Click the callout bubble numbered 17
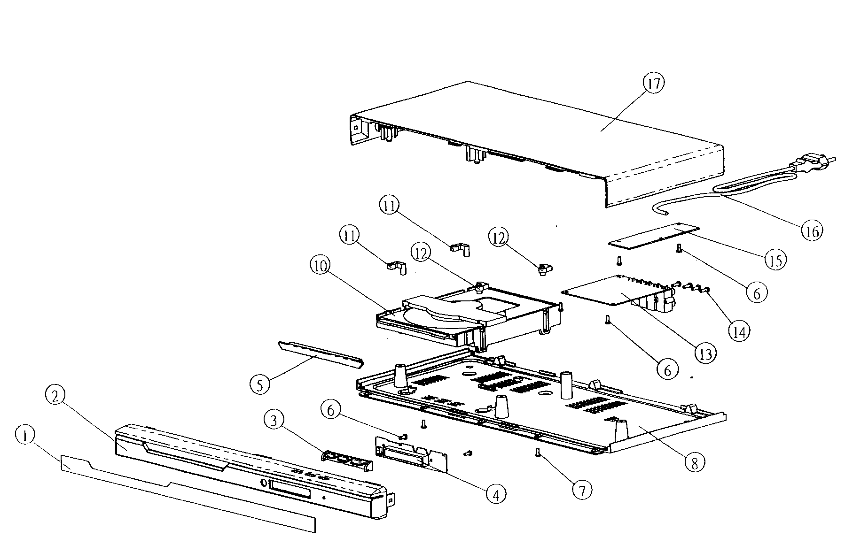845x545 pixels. [x=654, y=84]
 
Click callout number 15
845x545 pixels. [x=775, y=260]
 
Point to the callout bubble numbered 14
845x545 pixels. [x=739, y=331]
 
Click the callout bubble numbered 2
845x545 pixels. [x=55, y=397]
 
